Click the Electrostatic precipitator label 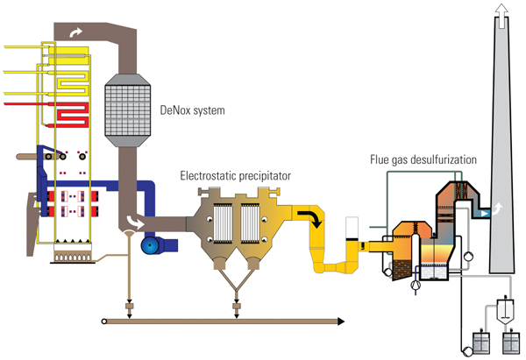(235, 176)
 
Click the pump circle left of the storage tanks (464, 351)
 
